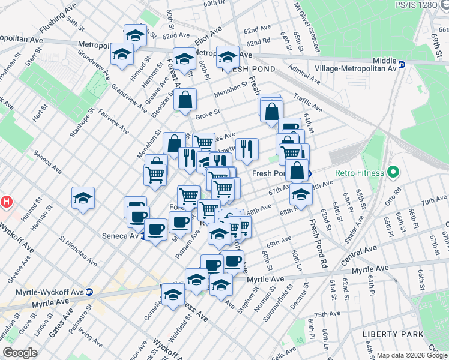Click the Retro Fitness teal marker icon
coord(394,173)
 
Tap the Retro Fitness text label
coord(359,173)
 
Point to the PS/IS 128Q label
coord(418,5)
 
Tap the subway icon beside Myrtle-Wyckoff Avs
coord(89,292)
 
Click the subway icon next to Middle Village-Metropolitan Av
coord(402,64)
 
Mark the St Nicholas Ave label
coord(77,250)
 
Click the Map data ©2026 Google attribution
coord(412,355)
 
